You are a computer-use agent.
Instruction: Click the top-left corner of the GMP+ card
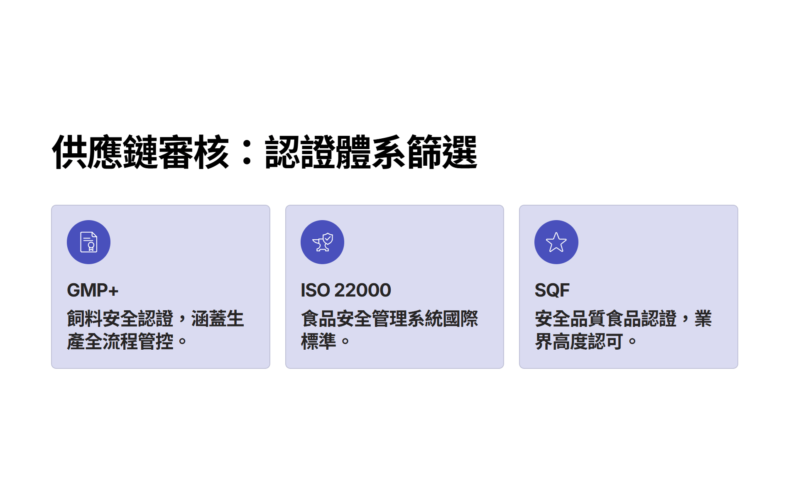point(51,205)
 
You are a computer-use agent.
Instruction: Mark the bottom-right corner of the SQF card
point(738,368)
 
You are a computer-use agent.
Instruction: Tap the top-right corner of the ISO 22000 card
point(504,205)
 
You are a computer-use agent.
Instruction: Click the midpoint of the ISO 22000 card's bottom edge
point(394,368)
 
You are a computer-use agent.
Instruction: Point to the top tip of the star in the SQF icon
point(556,233)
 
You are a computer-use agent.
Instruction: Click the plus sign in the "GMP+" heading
point(113,291)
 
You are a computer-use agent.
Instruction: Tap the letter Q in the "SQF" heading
point(552,290)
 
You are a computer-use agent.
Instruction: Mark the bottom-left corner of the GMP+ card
point(51,368)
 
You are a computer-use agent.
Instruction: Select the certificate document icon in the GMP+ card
point(88,242)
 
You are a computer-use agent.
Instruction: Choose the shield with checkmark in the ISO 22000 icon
point(328,238)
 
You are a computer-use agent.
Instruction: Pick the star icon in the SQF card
point(556,243)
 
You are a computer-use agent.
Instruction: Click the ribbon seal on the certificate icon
point(91,246)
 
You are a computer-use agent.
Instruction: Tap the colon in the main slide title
point(247,152)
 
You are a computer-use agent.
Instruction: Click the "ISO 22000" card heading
point(346,290)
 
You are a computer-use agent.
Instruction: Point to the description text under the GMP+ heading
point(155,330)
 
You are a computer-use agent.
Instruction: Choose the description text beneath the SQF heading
point(623,330)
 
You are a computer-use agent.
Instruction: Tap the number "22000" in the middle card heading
point(362,290)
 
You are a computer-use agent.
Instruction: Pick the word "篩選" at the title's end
point(442,152)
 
